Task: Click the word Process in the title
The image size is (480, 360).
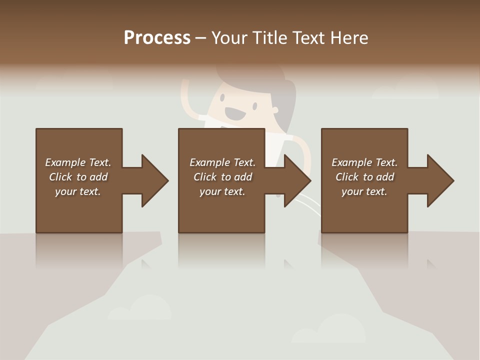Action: click(x=157, y=37)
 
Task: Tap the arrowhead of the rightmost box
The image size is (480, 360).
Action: click(x=440, y=180)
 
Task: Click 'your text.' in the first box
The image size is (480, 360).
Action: click(x=78, y=191)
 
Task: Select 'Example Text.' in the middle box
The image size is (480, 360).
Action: click(x=222, y=162)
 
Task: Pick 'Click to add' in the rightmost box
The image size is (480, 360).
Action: click(x=364, y=177)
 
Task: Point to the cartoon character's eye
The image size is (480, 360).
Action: click(x=254, y=106)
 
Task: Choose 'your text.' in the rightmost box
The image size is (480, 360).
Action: click(x=364, y=191)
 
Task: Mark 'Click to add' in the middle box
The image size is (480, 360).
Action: click(x=222, y=177)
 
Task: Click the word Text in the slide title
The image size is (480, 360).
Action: click(x=308, y=37)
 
